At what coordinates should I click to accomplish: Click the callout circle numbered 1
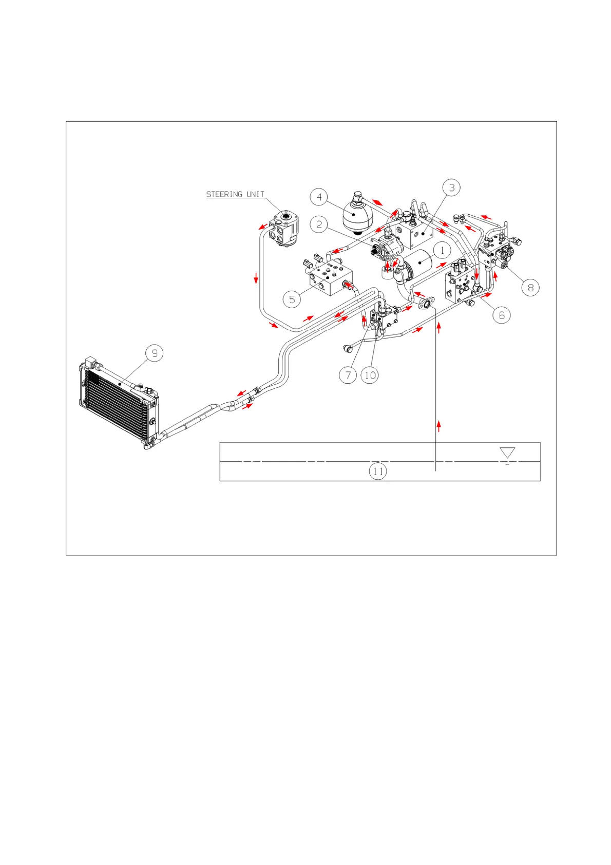(442, 251)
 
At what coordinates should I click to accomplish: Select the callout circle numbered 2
(319, 224)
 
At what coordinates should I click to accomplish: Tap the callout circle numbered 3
(451, 187)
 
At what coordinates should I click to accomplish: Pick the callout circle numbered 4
(319, 197)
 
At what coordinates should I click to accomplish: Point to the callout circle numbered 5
(292, 299)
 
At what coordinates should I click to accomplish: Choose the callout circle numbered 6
(502, 315)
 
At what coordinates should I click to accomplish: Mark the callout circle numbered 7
(348, 375)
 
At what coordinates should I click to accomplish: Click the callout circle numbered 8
(530, 287)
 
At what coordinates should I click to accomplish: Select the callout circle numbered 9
(155, 353)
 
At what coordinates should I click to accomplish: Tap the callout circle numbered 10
(370, 375)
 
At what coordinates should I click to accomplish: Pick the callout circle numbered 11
(378, 471)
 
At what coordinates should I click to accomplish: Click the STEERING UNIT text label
(235, 194)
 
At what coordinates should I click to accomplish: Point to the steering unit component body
(284, 230)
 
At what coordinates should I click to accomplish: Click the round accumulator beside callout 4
(354, 216)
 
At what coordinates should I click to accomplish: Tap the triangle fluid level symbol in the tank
(507, 453)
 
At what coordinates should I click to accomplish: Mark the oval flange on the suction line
(426, 305)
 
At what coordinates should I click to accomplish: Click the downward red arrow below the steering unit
(256, 279)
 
